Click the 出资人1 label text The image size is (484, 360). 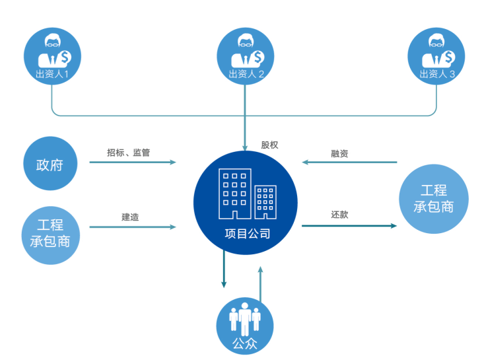(x=52, y=74)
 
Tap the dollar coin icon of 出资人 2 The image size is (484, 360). (x=258, y=57)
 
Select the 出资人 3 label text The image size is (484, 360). (x=437, y=74)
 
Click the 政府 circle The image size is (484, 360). (x=50, y=163)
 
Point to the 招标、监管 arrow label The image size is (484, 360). (x=128, y=153)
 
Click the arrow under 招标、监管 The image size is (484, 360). (x=133, y=162)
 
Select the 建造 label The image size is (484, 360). (x=130, y=217)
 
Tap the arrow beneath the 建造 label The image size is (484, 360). (x=133, y=227)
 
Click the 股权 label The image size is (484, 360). (x=269, y=145)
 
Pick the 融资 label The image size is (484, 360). (x=339, y=153)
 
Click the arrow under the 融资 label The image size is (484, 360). (x=349, y=162)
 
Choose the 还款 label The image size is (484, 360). (x=339, y=215)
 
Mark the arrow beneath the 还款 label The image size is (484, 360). (x=349, y=226)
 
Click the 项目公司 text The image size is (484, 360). (x=248, y=234)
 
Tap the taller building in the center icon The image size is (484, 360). (x=235, y=194)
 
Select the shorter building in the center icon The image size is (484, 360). (x=265, y=202)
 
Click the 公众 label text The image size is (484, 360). (x=245, y=343)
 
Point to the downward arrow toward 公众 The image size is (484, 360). (x=224, y=270)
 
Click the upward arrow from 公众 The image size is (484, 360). (x=261, y=285)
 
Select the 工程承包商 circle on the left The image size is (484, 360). (x=51, y=235)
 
